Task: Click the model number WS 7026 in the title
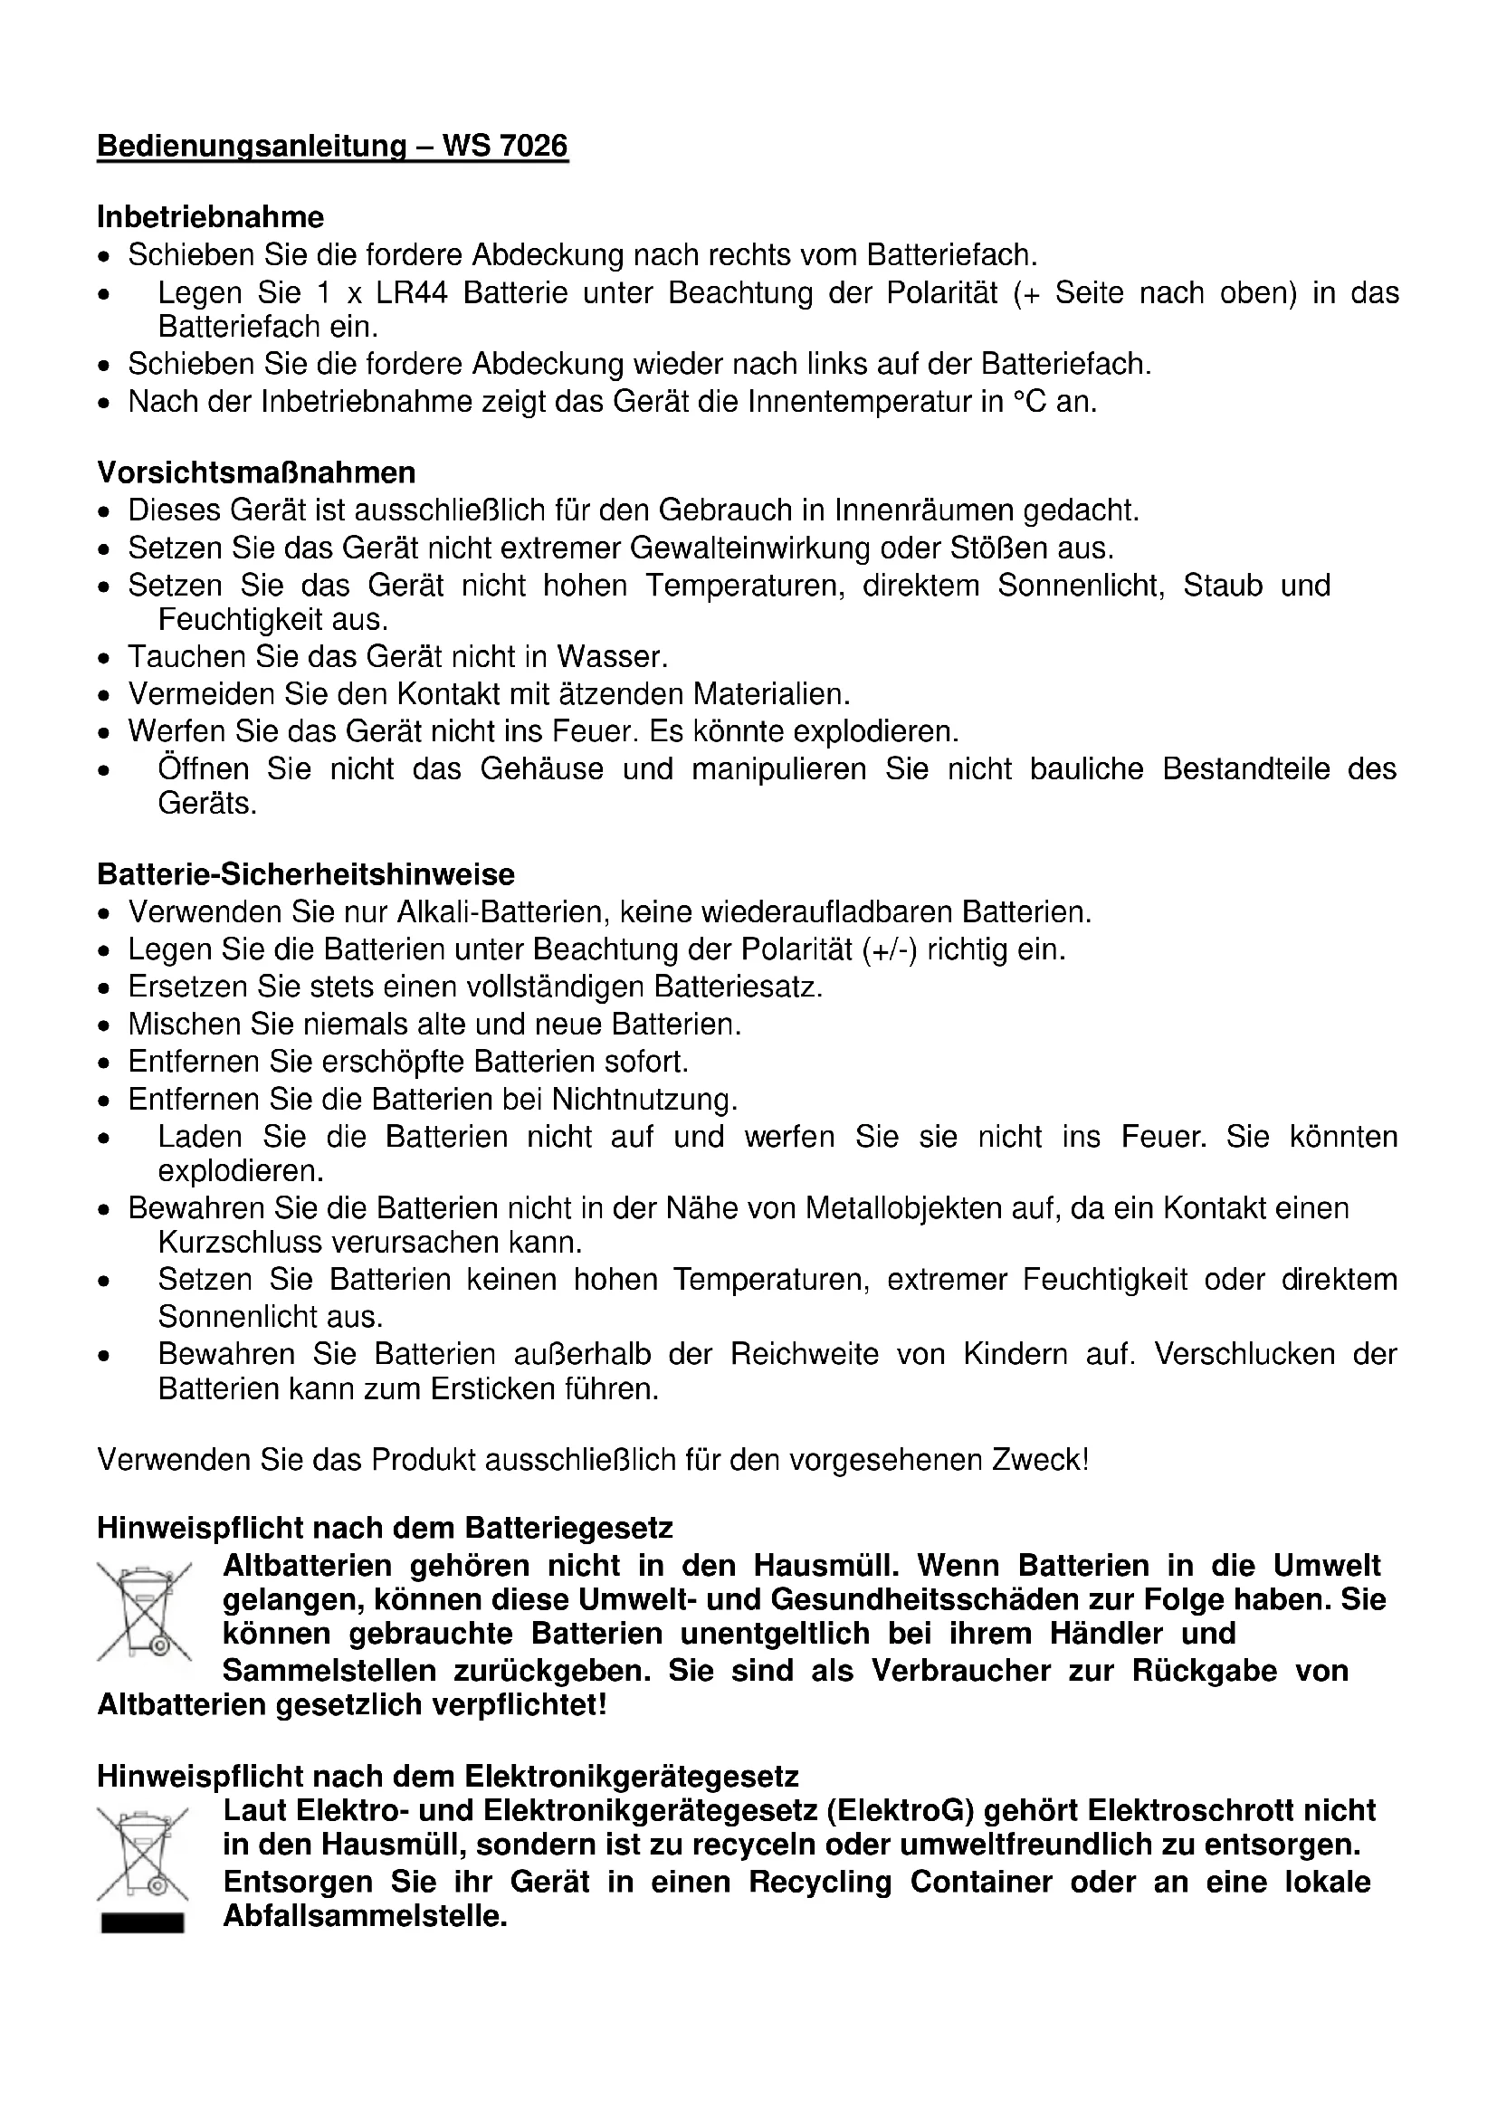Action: click(x=505, y=146)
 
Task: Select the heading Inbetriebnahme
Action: click(x=210, y=216)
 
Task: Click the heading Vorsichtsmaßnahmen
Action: click(x=256, y=472)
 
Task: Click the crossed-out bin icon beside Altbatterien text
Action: click(x=144, y=1611)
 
